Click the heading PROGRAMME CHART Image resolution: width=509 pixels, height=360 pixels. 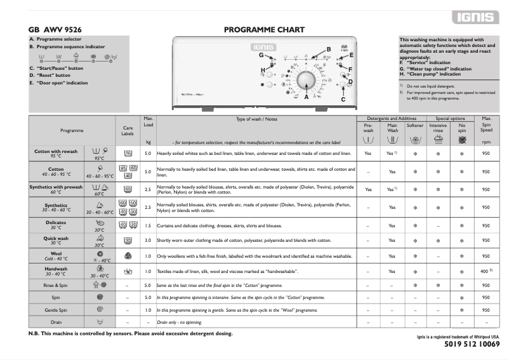pos(264,30)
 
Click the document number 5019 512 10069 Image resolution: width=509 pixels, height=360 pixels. pos(468,344)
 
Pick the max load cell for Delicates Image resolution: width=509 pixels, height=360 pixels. pos(149,225)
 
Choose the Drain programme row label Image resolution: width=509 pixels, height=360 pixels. pos(55,322)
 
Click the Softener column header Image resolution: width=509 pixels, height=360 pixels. pos(415,126)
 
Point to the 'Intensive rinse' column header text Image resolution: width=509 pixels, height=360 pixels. pos(438,126)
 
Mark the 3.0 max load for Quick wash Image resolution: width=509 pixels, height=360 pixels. pos(149,241)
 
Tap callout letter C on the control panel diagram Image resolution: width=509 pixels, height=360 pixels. pos(343,100)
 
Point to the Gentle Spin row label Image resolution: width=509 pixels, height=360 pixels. pos(55,310)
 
